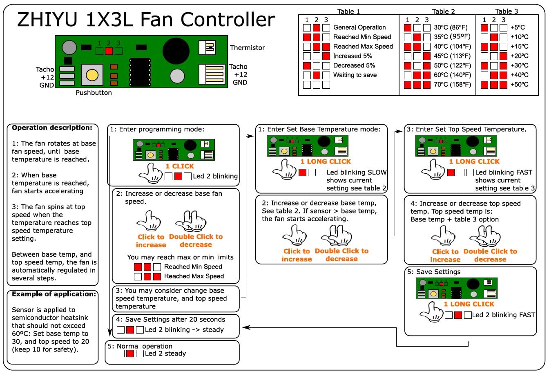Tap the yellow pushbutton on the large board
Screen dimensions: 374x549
[x=92, y=75]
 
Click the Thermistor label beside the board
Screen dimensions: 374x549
[x=247, y=48]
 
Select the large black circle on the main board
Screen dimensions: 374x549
[x=176, y=51]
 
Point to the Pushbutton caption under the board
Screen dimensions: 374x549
[x=94, y=93]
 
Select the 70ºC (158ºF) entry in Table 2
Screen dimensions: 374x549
[x=452, y=85]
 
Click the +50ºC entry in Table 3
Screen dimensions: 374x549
[x=519, y=85]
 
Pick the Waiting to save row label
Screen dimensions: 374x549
[x=355, y=75]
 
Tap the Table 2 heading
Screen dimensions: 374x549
[x=443, y=11]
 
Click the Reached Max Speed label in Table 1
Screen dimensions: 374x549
[x=363, y=47]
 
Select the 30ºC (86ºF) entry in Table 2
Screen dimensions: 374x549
[x=451, y=27]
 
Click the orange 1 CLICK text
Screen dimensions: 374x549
[x=180, y=166]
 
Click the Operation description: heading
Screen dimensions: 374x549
[x=52, y=128]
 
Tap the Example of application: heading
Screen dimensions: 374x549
[x=54, y=294]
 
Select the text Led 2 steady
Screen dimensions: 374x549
[x=165, y=354]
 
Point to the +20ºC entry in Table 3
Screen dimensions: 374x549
[x=519, y=56]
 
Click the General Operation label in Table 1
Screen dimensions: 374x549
[x=359, y=27]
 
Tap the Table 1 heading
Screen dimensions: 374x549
[x=348, y=11]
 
